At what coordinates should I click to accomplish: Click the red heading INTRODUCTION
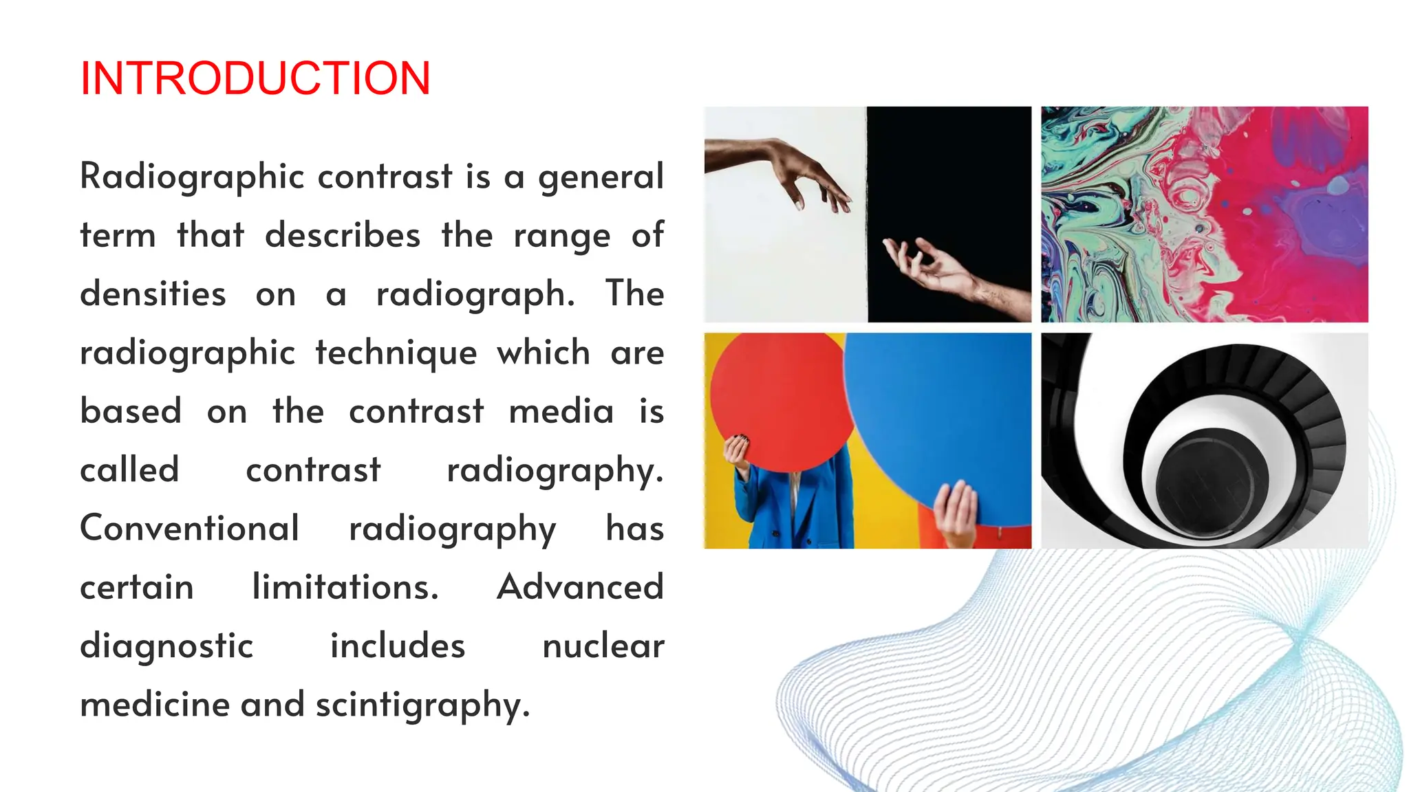pyautogui.click(x=255, y=78)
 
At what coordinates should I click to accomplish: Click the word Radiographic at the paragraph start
pyautogui.click(x=192, y=177)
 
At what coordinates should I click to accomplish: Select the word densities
pyautogui.click(x=153, y=294)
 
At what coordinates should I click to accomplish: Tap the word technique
pyautogui.click(x=396, y=353)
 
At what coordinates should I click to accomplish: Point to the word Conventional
pyautogui.click(x=189, y=529)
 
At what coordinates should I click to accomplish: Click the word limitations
pyautogui.click(x=345, y=588)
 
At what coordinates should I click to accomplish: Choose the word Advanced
pyautogui.click(x=580, y=588)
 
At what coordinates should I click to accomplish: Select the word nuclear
pyautogui.click(x=603, y=646)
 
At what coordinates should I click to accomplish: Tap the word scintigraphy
pyautogui.click(x=422, y=705)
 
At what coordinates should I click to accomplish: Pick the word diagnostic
pyautogui.click(x=166, y=646)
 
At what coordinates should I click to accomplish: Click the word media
pyautogui.click(x=561, y=412)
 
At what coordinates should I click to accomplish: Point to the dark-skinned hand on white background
pyautogui.click(x=784, y=168)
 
